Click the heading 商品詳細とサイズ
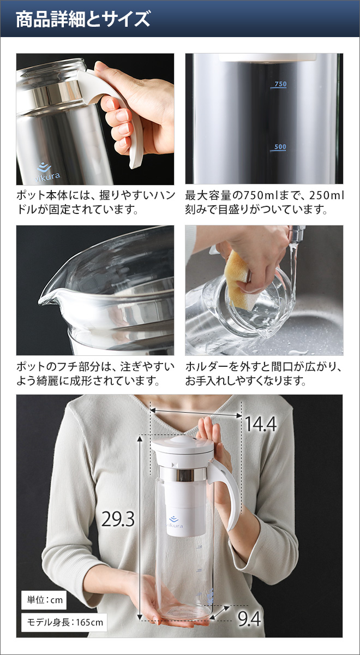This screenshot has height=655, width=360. tap(83, 20)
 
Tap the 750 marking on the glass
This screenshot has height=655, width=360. tap(280, 84)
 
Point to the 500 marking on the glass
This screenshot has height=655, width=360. tap(280, 147)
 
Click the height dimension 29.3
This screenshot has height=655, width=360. tap(118, 519)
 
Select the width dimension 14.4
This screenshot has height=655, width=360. tap(260, 424)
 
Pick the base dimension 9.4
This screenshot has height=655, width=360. tap(249, 618)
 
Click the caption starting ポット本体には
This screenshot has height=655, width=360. tap(95, 202)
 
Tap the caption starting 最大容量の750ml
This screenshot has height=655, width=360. tap(265, 202)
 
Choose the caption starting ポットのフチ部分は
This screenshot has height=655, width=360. tap(95, 373)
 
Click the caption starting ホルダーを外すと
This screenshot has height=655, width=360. tap(265, 373)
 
